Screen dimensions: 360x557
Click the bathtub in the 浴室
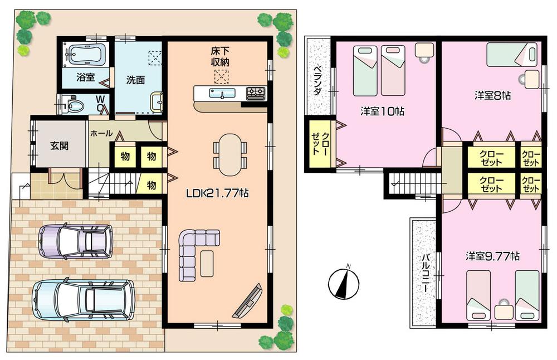tap(85, 55)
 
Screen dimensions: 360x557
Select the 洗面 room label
tap(135, 80)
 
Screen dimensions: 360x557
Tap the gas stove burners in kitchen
tap(256, 93)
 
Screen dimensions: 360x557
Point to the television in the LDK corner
tap(249, 301)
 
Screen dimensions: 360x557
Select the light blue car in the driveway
tap(82, 299)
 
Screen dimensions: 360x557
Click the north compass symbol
tap(341, 284)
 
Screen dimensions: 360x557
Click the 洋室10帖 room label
tap(382, 111)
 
